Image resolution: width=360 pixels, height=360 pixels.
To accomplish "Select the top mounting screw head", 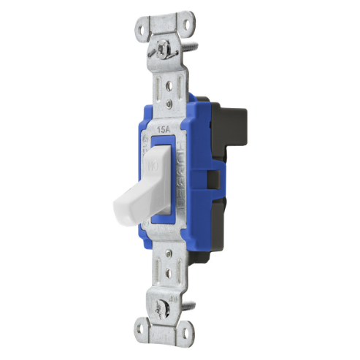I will pyautogui.click(x=161, y=53).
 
